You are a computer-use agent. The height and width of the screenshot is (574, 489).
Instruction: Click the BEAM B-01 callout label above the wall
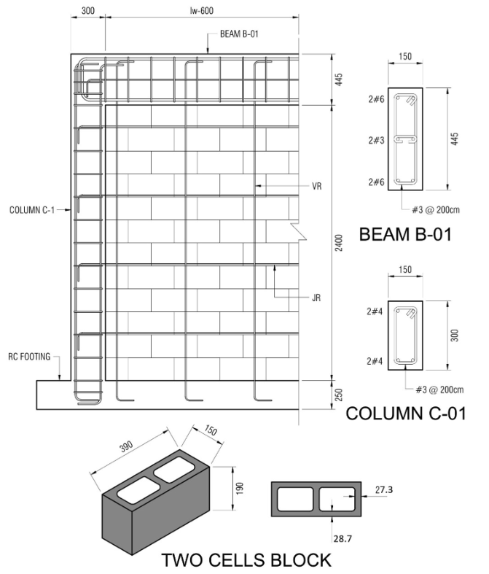[239, 34]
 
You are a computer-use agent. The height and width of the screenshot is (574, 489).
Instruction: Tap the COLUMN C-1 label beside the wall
[32, 210]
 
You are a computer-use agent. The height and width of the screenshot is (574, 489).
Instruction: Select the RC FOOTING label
[29, 357]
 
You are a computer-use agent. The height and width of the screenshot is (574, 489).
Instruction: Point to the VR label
[317, 186]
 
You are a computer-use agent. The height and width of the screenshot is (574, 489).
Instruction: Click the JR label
[316, 298]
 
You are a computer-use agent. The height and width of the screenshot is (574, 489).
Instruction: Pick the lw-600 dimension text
[202, 11]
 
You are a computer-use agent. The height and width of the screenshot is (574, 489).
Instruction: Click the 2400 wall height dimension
[339, 243]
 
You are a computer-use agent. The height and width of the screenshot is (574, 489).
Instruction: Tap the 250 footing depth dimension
[339, 395]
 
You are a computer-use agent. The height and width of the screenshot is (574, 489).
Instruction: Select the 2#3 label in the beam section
[376, 140]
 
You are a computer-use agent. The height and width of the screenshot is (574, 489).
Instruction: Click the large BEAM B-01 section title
[405, 234]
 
